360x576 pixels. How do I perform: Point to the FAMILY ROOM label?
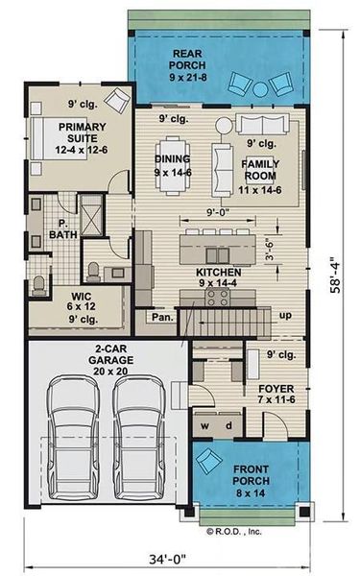coord(258,170)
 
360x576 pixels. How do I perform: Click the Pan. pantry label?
coord(159,317)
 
